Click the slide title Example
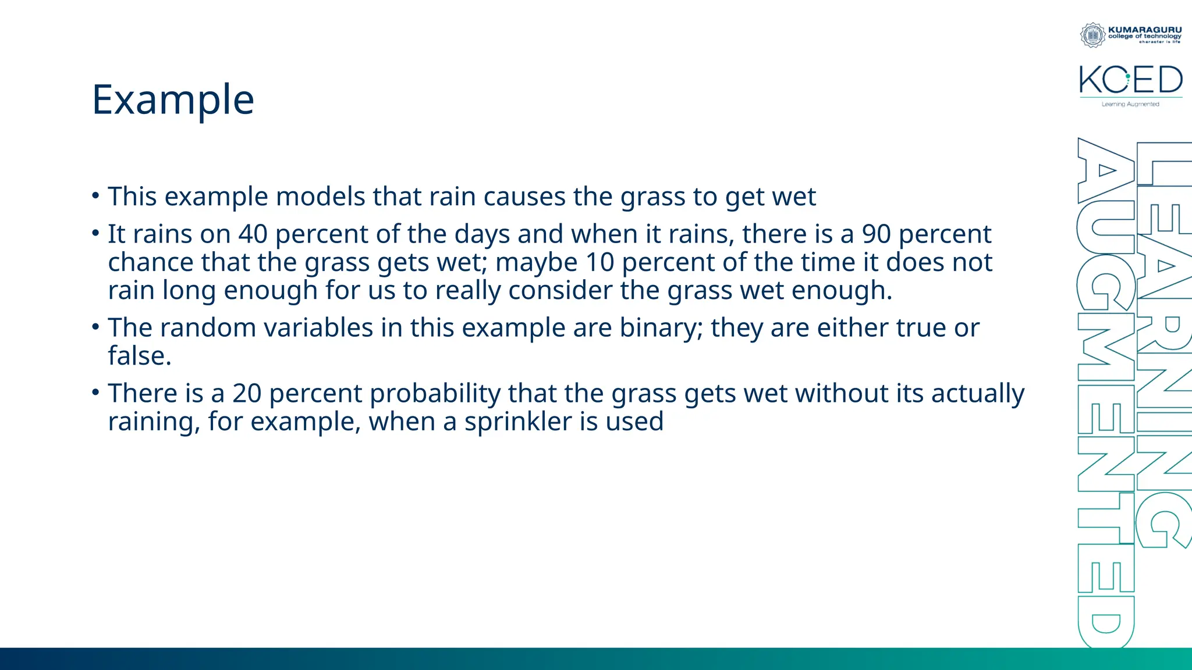pyautogui.click(x=173, y=100)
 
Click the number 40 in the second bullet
pyautogui.click(x=253, y=234)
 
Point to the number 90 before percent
pyautogui.click(x=876, y=234)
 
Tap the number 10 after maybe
pyautogui.click(x=599, y=262)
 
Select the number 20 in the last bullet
pyautogui.click(x=247, y=394)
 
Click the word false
pyautogui.click(x=139, y=356)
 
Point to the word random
pyautogui.click(x=208, y=328)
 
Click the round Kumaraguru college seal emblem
pyautogui.click(x=1092, y=35)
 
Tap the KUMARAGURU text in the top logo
pyautogui.click(x=1145, y=30)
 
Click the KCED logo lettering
pyautogui.click(x=1130, y=80)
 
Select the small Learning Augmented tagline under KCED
pyautogui.click(x=1130, y=105)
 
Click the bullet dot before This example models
pyautogui.click(x=95, y=195)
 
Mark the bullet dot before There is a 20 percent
pyautogui.click(x=95, y=393)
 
